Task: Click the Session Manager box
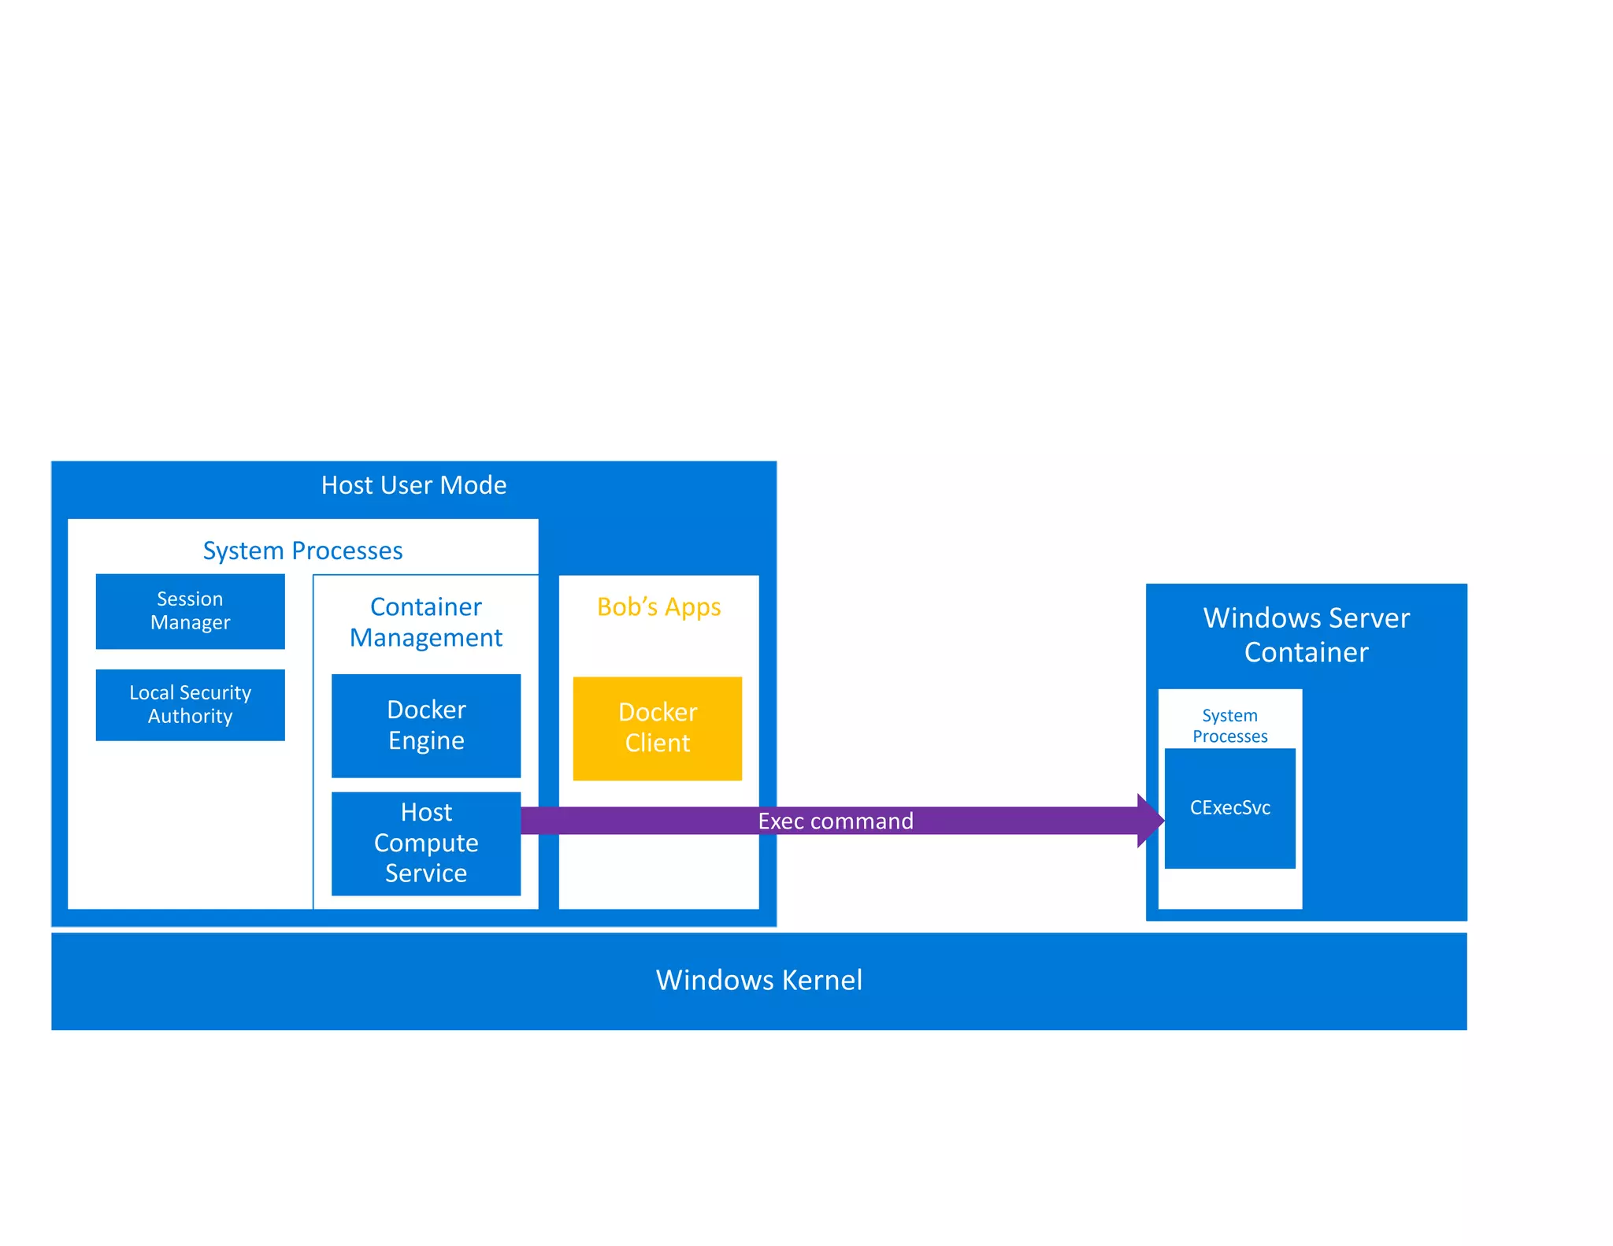click(190, 611)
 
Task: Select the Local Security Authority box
click(190, 704)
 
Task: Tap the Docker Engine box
click(426, 725)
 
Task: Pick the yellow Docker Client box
click(657, 728)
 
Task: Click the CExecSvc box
click(1229, 808)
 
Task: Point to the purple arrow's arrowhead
click(1151, 821)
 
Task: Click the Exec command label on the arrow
click(835, 821)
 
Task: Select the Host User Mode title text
click(413, 485)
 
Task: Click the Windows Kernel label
click(758, 981)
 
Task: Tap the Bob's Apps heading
click(658, 606)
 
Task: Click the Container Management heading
click(426, 622)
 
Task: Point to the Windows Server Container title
click(1306, 635)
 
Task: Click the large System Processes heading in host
click(302, 551)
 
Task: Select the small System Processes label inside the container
click(1229, 725)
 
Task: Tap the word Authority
click(190, 717)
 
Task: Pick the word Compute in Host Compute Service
click(426, 843)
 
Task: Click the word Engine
click(426, 741)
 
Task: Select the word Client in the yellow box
click(657, 744)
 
